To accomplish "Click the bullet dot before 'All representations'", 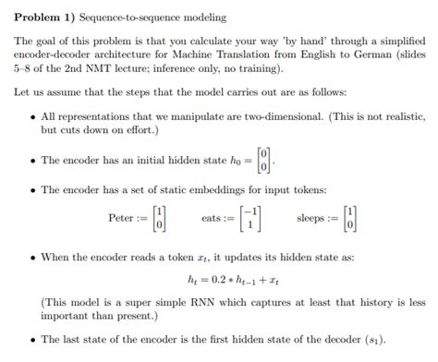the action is (33, 117).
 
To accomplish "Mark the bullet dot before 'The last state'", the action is (33, 339).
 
